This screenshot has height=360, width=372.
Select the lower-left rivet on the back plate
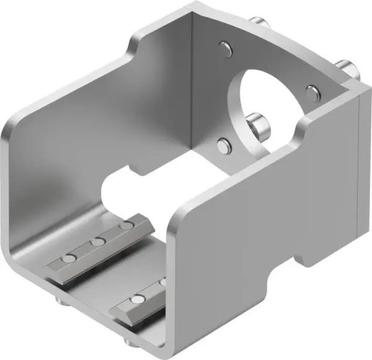[x=224, y=146]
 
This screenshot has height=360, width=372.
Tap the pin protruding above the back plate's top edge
[x=259, y=22]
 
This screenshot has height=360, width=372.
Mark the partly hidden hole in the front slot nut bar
[x=162, y=283]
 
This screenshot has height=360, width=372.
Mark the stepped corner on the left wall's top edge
[x=132, y=47]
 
